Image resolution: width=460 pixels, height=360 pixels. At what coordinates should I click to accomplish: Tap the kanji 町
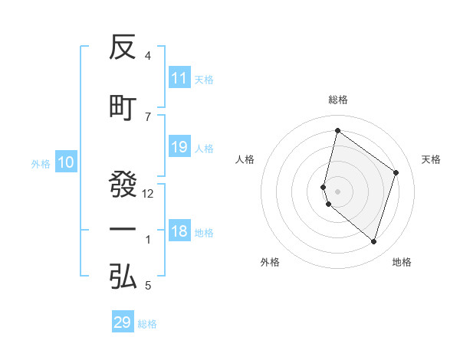[x=123, y=108]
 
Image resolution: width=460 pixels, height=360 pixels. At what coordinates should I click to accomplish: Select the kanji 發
[x=123, y=185]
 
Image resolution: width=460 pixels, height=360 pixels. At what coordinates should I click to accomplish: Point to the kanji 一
[x=123, y=230]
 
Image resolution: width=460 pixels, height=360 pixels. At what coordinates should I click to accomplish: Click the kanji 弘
[x=123, y=276]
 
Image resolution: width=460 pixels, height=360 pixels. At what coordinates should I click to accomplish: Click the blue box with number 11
[x=179, y=78]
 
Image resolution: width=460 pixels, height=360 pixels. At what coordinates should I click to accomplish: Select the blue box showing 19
[x=179, y=147]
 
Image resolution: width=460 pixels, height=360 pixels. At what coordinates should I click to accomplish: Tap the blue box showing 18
[x=179, y=232]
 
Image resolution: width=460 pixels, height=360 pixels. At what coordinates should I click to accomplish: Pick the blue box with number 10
[x=65, y=162]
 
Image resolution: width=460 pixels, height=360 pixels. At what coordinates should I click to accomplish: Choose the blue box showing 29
[x=123, y=322]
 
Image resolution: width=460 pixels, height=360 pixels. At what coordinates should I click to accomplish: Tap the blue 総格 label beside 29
[x=148, y=324]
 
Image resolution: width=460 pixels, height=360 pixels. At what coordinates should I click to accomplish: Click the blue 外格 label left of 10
[x=41, y=163]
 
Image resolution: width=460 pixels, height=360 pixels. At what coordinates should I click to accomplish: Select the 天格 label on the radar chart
[x=432, y=159]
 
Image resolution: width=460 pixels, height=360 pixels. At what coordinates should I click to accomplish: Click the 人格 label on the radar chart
[x=245, y=159]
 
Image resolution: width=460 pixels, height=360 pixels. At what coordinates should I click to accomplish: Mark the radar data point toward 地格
[x=373, y=242]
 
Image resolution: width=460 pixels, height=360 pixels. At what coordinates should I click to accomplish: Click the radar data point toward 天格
[x=396, y=172]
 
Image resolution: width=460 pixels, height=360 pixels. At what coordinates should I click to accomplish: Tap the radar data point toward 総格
[x=337, y=130]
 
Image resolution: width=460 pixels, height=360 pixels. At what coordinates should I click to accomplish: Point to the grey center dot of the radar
[x=337, y=191]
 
